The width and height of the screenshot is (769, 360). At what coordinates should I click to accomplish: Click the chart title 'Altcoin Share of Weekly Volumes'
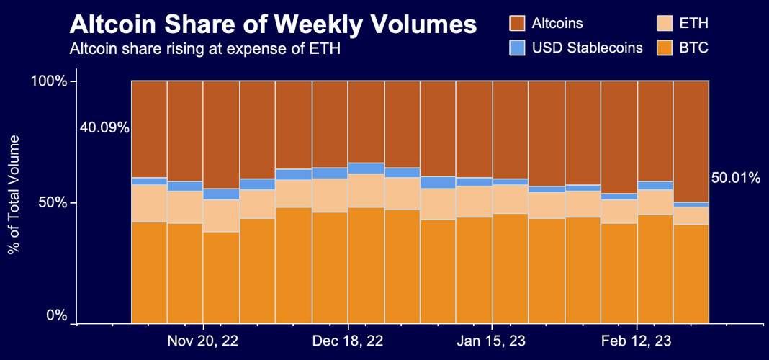coord(273,25)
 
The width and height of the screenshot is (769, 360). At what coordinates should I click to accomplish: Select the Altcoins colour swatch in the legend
coord(517,24)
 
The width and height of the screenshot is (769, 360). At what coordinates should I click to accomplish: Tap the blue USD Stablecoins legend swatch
coord(517,48)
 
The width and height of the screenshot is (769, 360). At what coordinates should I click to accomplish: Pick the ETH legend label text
coord(694,24)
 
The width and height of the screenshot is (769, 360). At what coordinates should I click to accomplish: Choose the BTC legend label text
coord(694,48)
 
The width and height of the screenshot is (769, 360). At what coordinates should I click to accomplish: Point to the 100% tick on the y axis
coord(50,81)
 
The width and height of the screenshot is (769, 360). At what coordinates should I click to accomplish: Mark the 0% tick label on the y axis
coord(57,316)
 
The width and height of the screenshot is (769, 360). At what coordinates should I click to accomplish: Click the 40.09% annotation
coord(104,128)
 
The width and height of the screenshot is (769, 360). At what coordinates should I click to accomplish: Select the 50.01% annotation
coord(735,178)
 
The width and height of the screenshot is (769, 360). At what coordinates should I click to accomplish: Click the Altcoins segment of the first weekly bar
coord(149,129)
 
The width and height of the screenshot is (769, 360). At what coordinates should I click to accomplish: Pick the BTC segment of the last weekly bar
coord(691,274)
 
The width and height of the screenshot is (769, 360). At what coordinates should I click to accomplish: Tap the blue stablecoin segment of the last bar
coord(691,204)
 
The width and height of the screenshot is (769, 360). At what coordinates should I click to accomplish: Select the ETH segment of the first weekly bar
coord(149,204)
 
